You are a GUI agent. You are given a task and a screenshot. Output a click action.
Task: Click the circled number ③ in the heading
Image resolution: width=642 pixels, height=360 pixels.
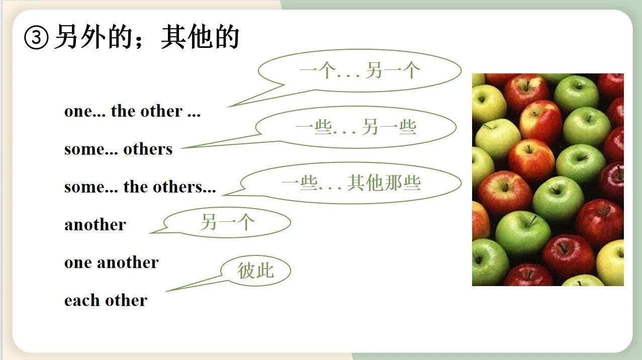pos(36,38)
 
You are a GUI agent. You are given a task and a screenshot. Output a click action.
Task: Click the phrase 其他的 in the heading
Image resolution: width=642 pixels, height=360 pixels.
pos(200,37)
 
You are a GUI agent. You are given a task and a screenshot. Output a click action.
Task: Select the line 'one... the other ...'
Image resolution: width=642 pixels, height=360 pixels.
pos(132,111)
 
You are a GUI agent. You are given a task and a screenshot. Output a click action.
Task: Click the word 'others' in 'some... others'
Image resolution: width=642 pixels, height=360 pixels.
pos(148,149)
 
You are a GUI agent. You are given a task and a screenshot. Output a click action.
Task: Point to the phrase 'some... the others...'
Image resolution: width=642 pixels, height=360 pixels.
pos(140,187)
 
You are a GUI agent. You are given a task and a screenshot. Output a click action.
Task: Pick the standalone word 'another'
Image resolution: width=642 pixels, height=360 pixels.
pos(95,224)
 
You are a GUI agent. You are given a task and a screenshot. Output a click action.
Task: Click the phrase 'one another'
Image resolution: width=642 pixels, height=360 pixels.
pos(112,262)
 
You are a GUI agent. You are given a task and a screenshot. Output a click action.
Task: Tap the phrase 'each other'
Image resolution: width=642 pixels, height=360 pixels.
pos(106,300)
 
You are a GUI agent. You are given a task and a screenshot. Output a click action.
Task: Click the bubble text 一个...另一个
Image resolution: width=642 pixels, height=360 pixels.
pos(360,70)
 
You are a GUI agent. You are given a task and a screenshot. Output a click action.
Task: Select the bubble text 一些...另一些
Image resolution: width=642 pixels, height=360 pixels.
pos(356,127)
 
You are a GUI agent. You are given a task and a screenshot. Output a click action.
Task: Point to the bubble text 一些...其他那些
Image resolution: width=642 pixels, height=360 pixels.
pos(351,183)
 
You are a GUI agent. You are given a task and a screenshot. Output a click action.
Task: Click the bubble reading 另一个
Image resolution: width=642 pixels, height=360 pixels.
pos(228,222)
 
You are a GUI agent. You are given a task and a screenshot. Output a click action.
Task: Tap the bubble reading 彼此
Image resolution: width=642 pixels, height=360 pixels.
pos(256,271)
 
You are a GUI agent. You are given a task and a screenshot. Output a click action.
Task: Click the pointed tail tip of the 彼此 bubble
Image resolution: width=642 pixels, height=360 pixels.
pos(166,292)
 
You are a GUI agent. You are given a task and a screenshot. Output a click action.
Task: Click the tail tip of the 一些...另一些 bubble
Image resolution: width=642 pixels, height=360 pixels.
pos(181,148)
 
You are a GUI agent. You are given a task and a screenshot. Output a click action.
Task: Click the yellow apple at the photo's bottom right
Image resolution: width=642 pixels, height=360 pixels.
pos(610,262)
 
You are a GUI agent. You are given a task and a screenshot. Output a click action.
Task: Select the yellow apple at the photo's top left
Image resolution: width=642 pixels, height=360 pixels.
pos(488,103)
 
